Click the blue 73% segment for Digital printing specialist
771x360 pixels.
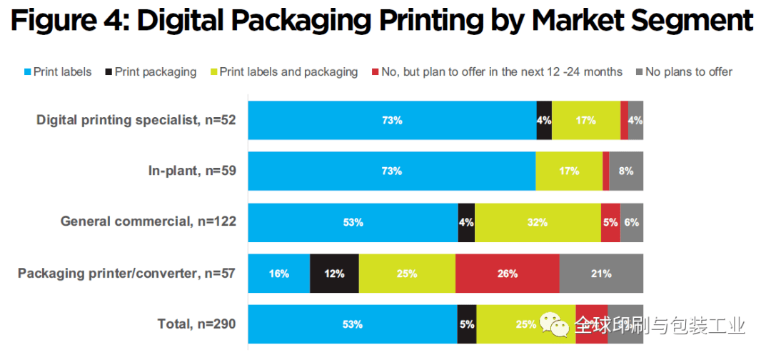[391, 120]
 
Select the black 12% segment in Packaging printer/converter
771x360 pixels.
[334, 273]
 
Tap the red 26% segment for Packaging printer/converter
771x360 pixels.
[507, 273]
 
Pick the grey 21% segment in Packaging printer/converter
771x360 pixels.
[601, 273]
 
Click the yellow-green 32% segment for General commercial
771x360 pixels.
[538, 222]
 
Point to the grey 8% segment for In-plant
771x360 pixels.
[626, 171]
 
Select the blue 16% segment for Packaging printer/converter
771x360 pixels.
[278, 273]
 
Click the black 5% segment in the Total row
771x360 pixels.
[467, 324]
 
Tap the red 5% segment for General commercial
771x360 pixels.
[610, 222]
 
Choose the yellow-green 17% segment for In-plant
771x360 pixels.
[569, 171]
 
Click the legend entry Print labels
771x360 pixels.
[63, 71]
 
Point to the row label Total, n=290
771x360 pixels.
[196, 324]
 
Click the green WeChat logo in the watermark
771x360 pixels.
[555, 324]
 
